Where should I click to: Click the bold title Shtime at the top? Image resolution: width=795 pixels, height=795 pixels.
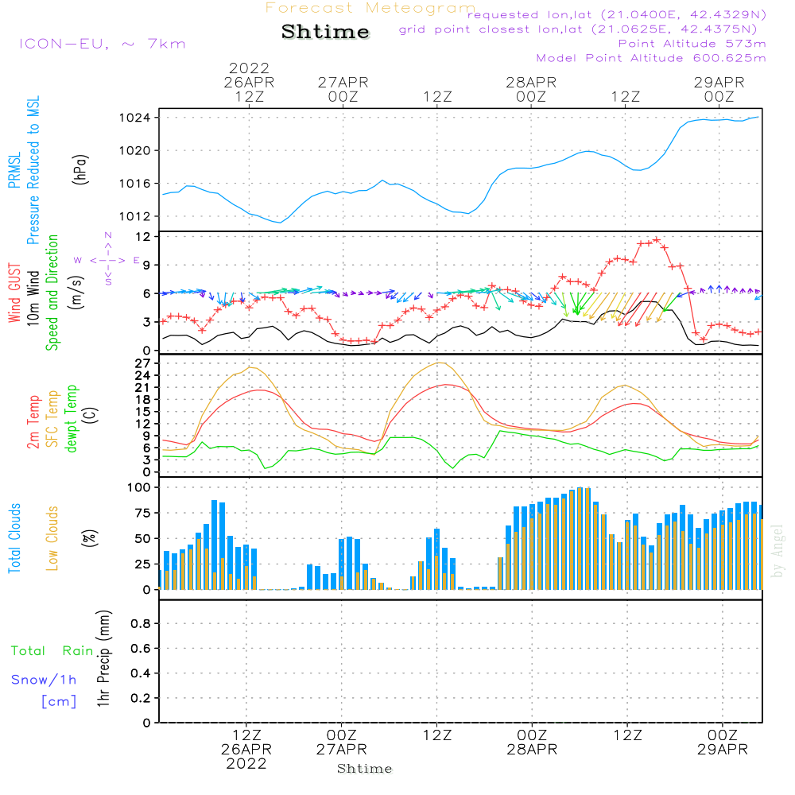click(325, 32)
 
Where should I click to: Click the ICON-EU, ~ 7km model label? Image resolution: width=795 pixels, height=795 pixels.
click(103, 44)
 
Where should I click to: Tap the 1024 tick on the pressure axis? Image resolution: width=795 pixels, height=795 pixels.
click(135, 118)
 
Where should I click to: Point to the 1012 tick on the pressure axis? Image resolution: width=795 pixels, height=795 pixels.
click(135, 216)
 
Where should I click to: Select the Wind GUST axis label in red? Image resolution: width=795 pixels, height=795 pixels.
click(14, 293)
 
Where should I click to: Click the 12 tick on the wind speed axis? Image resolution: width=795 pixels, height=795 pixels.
click(143, 237)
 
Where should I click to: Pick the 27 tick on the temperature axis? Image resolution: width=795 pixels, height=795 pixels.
click(142, 363)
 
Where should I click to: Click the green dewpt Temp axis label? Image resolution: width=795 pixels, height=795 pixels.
click(71, 418)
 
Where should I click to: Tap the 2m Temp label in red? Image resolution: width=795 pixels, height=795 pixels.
click(33, 422)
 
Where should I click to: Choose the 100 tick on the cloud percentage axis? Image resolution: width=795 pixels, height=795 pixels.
click(139, 487)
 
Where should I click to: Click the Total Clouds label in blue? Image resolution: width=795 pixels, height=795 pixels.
click(14, 538)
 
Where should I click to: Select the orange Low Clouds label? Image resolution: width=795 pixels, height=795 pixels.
click(52, 538)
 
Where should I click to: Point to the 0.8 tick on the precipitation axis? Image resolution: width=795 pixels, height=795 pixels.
click(141, 623)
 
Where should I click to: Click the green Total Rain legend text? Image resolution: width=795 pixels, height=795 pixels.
click(52, 651)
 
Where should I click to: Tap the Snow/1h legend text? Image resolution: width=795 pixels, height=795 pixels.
click(44, 680)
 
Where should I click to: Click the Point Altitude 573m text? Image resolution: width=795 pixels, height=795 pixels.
click(692, 44)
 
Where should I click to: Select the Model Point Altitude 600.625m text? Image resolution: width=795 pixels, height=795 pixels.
click(651, 58)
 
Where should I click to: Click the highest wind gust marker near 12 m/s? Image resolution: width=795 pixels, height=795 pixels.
click(657, 240)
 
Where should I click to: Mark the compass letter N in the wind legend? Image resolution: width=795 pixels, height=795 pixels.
click(108, 235)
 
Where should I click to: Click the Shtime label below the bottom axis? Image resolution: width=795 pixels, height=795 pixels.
click(365, 769)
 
